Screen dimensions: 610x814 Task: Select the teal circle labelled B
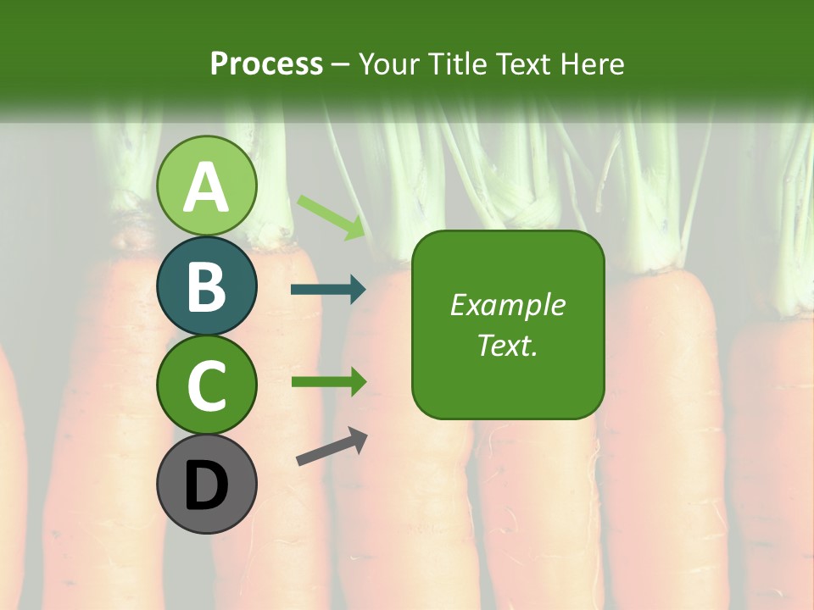[207, 286]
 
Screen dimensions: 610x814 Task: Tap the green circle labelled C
[207, 385]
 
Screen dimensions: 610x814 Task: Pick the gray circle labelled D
[207, 484]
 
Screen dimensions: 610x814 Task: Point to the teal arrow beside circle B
[329, 290]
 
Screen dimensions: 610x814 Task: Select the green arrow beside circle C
[329, 381]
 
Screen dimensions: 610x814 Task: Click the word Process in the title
[266, 64]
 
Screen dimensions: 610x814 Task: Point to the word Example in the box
[508, 305]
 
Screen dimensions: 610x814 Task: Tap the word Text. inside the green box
[508, 345]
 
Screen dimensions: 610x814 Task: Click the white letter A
[207, 187]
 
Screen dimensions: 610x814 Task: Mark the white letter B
[207, 286]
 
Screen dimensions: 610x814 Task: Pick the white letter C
[207, 385]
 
